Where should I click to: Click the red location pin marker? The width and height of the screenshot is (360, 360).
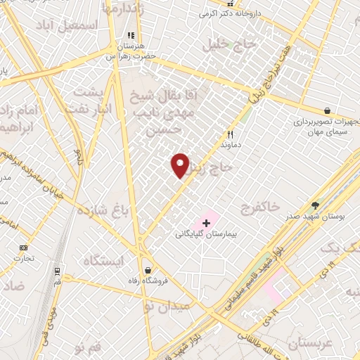click(x=181, y=166)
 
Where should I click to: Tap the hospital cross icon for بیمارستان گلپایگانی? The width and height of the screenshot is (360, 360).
click(x=205, y=223)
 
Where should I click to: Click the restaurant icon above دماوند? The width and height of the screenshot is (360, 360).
click(x=229, y=134)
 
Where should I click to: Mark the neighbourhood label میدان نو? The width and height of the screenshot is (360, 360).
click(x=166, y=306)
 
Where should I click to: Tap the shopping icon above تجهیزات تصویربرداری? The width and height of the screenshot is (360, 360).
click(x=328, y=111)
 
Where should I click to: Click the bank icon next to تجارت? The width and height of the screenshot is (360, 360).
click(x=24, y=247)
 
